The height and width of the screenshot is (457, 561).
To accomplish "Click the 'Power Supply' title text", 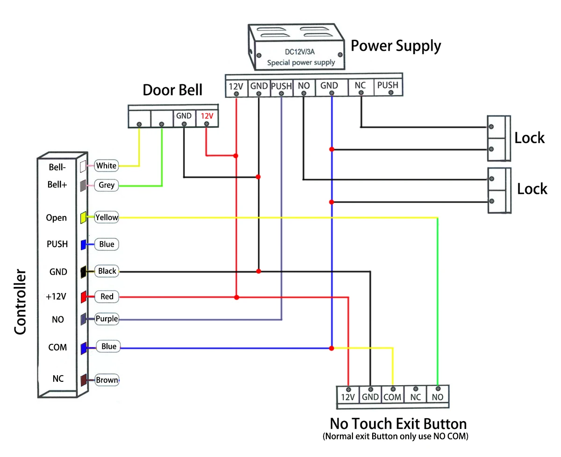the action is click(x=396, y=46).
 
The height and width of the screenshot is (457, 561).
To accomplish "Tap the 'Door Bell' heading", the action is click(x=173, y=90).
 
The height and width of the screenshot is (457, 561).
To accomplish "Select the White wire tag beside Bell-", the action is click(x=107, y=165).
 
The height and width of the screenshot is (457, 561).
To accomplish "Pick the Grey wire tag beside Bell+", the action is click(x=107, y=185).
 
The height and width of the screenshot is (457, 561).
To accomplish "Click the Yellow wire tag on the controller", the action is click(x=107, y=217).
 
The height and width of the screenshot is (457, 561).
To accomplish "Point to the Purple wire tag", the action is click(x=107, y=319).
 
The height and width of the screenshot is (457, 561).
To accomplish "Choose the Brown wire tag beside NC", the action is click(x=107, y=380).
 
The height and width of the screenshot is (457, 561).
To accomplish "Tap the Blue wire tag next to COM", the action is click(x=108, y=346).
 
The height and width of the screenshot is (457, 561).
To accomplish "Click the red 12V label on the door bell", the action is click(x=207, y=116).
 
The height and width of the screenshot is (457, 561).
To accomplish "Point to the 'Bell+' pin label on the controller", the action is click(x=57, y=185).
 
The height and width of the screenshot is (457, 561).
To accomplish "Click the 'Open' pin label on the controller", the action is click(x=56, y=218).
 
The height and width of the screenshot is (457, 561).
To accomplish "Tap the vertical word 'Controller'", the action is click(x=20, y=302).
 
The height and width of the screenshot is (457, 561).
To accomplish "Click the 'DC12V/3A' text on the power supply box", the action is click(x=300, y=52).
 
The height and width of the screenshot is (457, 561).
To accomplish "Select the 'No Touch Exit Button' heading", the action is click(x=398, y=424).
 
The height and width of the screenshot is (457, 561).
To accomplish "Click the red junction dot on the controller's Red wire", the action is click(x=237, y=298).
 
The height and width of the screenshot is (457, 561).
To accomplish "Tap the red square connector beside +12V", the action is click(x=84, y=297).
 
